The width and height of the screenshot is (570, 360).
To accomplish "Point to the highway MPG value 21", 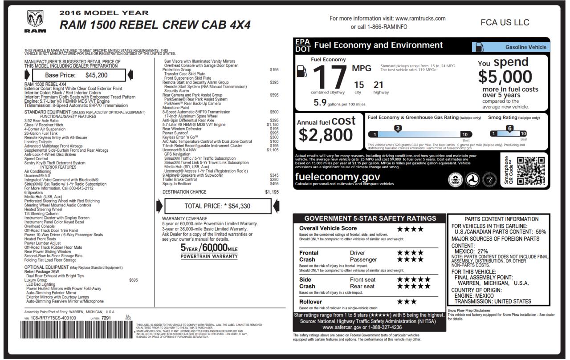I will pos(379,85).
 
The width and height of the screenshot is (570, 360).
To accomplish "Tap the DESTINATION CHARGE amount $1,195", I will pos(272,192).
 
